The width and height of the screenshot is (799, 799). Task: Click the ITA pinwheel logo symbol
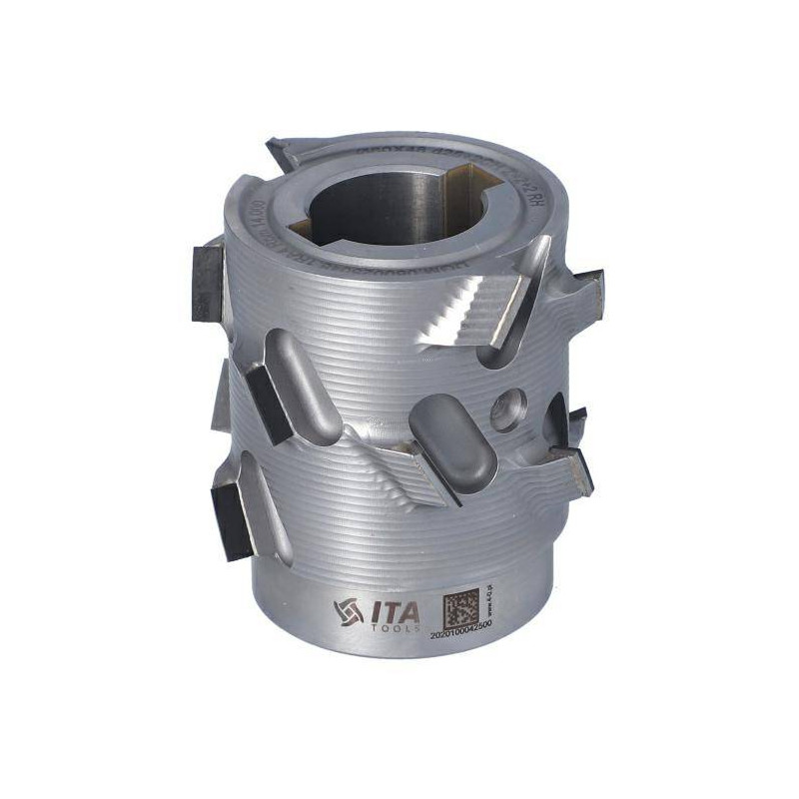[x=349, y=609]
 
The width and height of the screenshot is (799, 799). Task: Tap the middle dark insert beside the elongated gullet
[x=268, y=399]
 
